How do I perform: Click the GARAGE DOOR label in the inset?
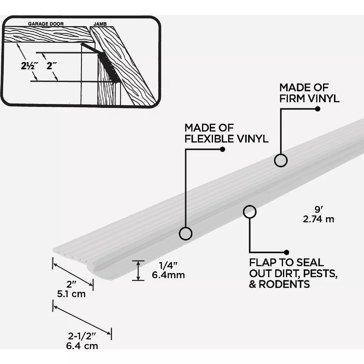click(x=46, y=24)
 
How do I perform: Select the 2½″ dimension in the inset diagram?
click(x=29, y=66)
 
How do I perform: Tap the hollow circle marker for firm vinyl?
click(x=281, y=160)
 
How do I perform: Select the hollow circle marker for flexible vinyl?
click(x=185, y=234)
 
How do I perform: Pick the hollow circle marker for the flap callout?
click(x=250, y=212)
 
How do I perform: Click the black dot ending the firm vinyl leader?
click(x=318, y=109)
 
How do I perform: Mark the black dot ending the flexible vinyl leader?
click(x=222, y=149)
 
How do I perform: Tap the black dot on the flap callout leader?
click(x=286, y=252)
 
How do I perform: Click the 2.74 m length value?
click(x=318, y=219)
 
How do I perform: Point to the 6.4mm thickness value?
click(x=168, y=275)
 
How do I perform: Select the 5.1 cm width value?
click(x=71, y=294)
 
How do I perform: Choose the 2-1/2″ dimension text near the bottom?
click(x=82, y=336)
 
